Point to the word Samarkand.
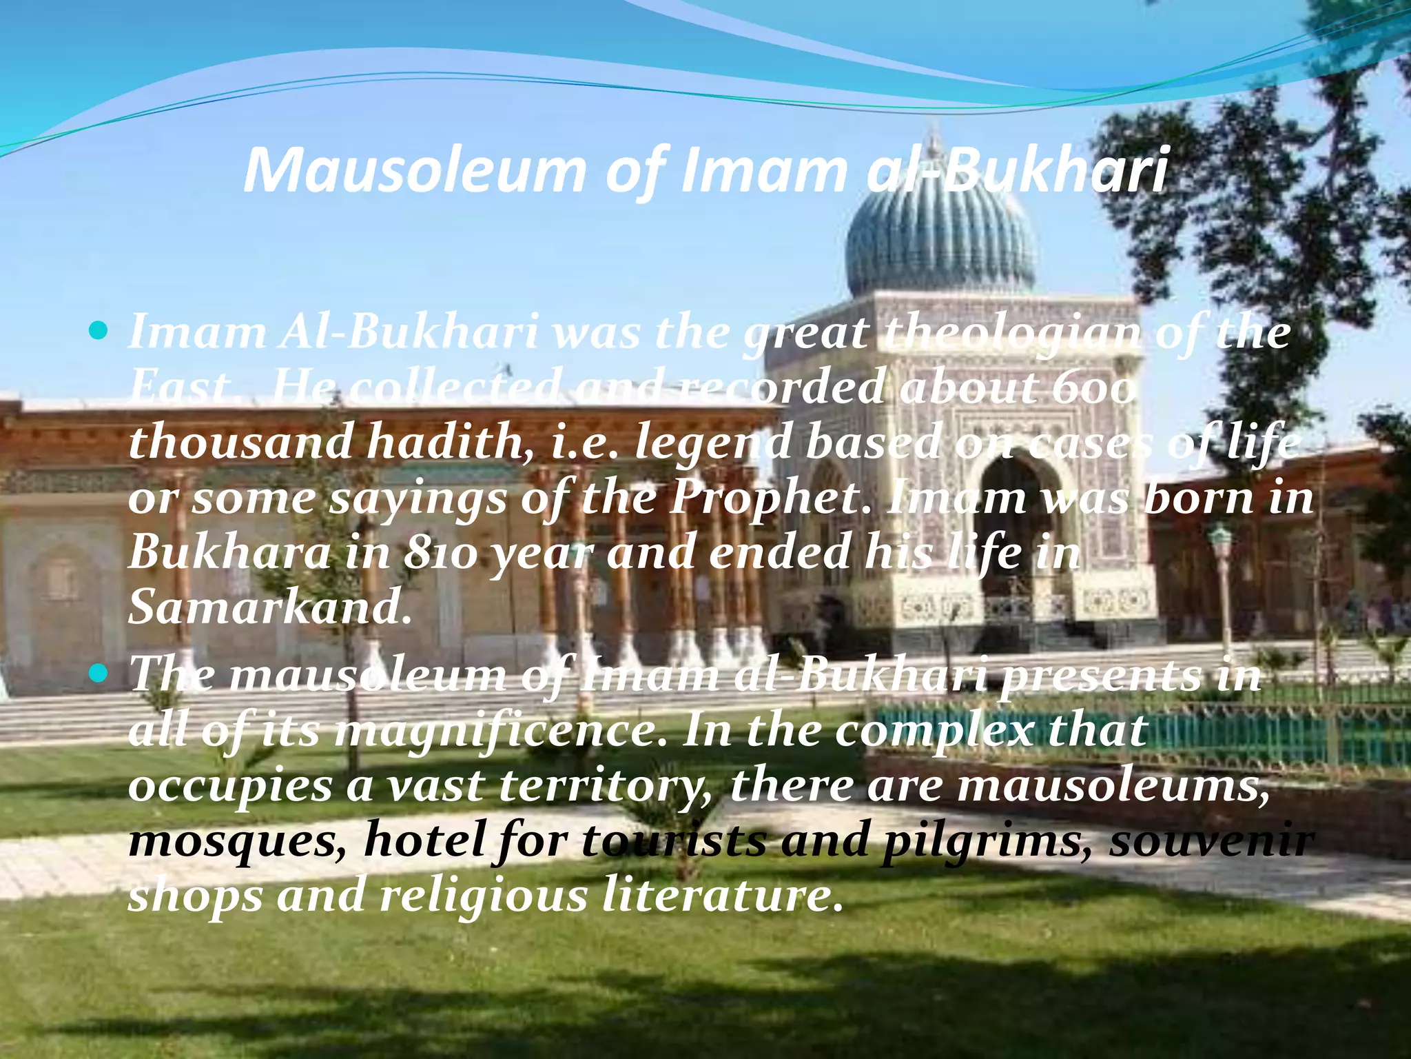pos(269,607)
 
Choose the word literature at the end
pos(723,896)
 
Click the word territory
pos(606,786)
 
